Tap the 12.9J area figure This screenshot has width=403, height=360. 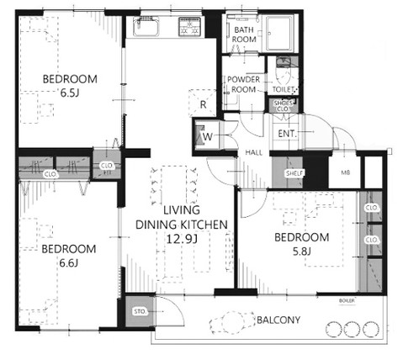182,238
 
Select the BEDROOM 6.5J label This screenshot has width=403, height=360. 71,87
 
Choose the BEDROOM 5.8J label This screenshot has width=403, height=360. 302,244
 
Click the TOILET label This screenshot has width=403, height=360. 284,87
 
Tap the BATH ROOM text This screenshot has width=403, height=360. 244,34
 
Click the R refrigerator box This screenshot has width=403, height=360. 203,104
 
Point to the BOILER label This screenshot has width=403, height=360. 346,300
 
